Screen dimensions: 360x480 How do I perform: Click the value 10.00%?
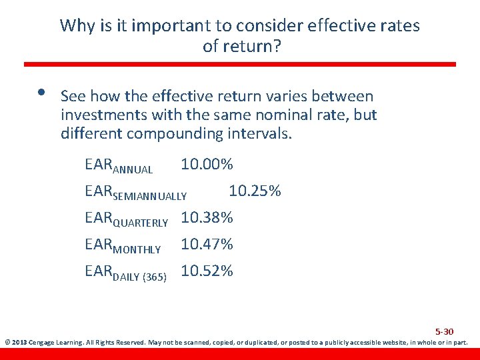pos(207,165)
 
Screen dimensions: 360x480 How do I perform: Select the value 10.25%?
pos(255,191)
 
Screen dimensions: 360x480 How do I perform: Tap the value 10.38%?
pos(207,218)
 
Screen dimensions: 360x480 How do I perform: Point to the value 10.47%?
pos(207,245)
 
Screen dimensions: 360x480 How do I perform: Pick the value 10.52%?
pos(207,271)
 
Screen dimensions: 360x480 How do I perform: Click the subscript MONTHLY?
pos(137,249)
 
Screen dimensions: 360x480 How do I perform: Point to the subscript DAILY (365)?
pos(139,276)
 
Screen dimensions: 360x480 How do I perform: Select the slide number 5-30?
pos(444,331)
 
